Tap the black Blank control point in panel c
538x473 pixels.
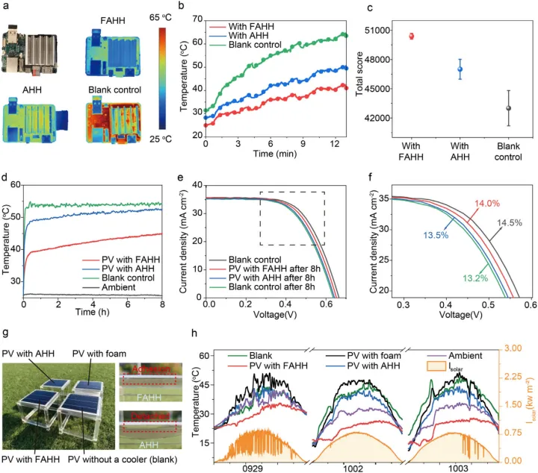coord(509,108)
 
